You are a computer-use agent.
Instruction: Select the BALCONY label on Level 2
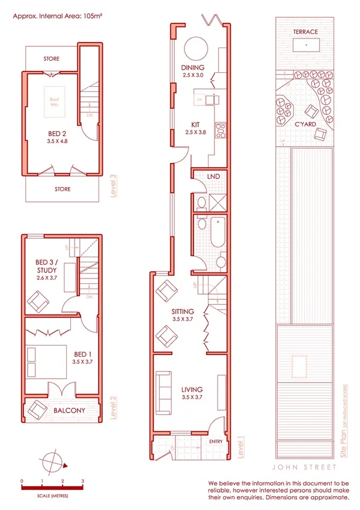coord(68,411)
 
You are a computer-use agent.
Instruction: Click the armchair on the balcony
coord(37,411)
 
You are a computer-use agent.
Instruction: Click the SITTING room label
coord(182,312)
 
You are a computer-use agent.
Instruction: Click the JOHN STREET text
coord(307,466)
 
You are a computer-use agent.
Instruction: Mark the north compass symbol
coord(53,462)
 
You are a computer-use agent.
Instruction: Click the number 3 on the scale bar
coord(82,481)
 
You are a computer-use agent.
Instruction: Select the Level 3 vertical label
coord(112,185)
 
